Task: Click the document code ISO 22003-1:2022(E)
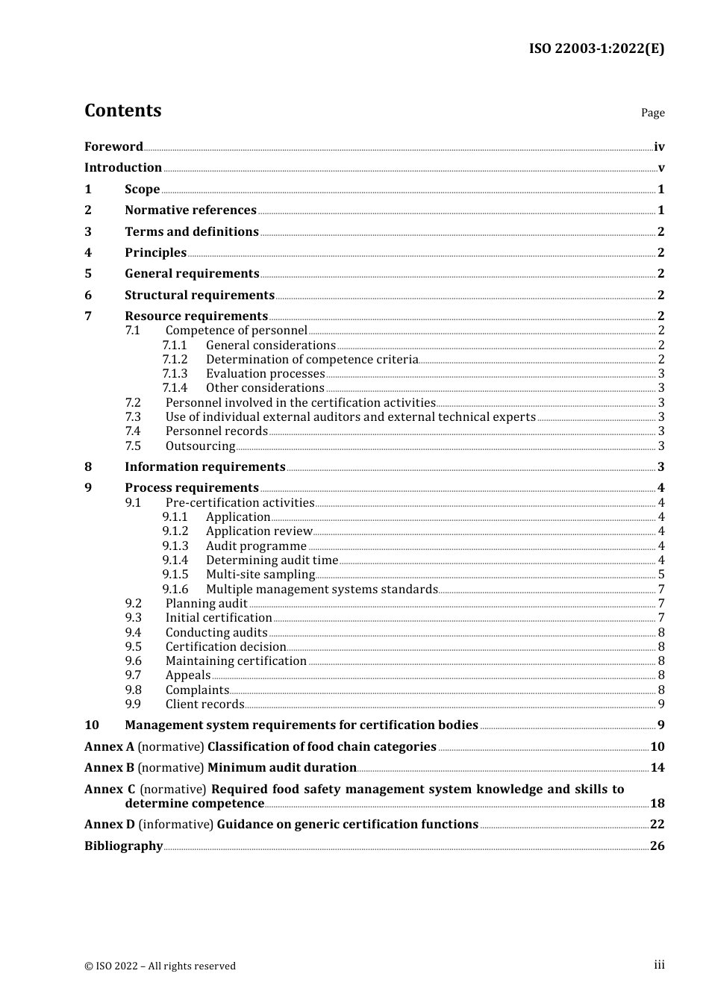click(x=596, y=49)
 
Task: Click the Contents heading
click(x=122, y=110)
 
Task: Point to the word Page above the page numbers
click(x=652, y=113)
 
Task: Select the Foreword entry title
click(x=113, y=147)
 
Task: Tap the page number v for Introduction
click(x=660, y=168)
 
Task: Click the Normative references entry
click(x=190, y=210)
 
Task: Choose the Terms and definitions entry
click(x=191, y=232)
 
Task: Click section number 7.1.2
click(x=175, y=360)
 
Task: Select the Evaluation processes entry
click(x=265, y=374)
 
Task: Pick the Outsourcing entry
click(x=200, y=446)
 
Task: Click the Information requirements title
click(x=204, y=467)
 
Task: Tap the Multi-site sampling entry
click(x=260, y=575)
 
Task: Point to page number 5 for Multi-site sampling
click(x=661, y=575)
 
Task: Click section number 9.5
click(x=133, y=647)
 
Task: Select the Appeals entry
click(x=188, y=675)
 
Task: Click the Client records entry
click(x=204, y=704)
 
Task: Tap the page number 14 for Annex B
click(x=657, y=768)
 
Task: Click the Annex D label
click(x=110, y=825)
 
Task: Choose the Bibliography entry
click(x=123, y=846)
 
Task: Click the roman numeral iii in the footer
click(x=659, y=965)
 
